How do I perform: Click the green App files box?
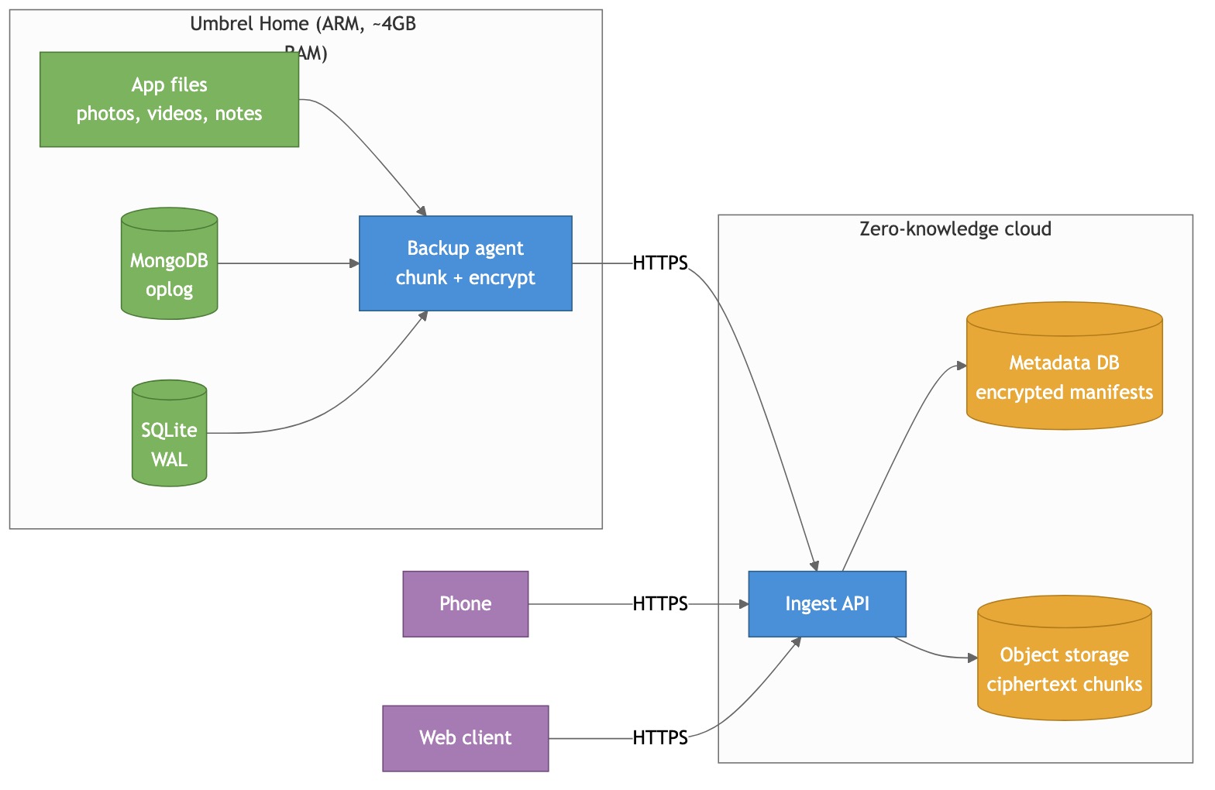point(169,99)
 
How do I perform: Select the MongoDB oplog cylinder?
point(169,263)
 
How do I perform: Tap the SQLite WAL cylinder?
point(169,434)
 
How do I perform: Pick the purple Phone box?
point(465,604)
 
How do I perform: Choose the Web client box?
point(465,738)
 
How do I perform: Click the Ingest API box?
point(827,604)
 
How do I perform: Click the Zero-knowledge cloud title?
point(955,229)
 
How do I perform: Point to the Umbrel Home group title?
point(303,24)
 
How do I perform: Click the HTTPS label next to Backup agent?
point(660,263)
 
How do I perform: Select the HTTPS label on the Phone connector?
point(660,604)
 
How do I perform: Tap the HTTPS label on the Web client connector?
point(660,738)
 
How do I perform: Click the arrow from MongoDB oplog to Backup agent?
point(287,263)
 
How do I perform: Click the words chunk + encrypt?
point(465,278)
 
